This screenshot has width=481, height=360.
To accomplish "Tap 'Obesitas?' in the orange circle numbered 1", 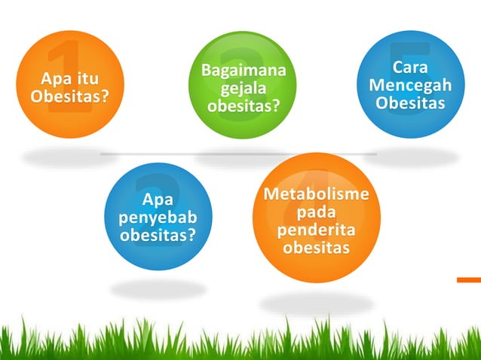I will (69, 97).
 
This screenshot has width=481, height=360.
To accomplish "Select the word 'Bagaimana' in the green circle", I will (243, 72).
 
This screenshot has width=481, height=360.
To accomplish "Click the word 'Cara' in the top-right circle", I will (410, 68).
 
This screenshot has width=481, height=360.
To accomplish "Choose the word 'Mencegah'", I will (410, 85).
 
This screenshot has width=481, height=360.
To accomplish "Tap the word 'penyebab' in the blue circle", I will (158, 218).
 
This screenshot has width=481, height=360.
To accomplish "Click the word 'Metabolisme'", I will (316, 195).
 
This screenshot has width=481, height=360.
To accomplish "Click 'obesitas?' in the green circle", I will (243, 105).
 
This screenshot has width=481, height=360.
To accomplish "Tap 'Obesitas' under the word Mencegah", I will (410, 102).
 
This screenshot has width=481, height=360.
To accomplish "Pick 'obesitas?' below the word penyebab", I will (158, 236).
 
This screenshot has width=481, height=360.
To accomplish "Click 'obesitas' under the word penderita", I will (316, 247).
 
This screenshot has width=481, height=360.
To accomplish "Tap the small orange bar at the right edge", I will (468, 280).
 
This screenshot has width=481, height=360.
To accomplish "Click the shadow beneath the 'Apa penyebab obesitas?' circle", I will (158, 288).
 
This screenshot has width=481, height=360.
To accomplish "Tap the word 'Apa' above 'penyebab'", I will (158, 200).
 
